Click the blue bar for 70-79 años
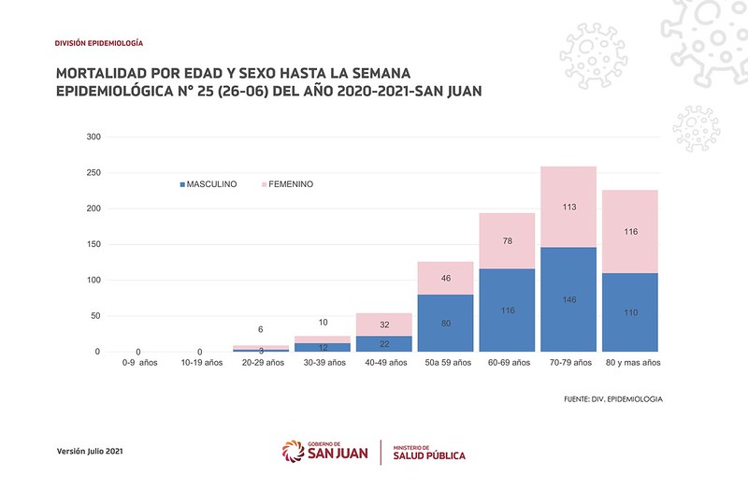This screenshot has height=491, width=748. click(x=568, y=299)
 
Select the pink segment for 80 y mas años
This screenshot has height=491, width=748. click(x=630, y=231)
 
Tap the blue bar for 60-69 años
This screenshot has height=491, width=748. click(x=507, y=310)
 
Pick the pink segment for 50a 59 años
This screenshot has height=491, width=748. click(x=445, y=279)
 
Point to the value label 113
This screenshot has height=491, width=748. click(x=568, y=207)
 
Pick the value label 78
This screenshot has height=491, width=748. click(x=507, y=241)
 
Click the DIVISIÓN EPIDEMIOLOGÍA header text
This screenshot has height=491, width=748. click(x=99, y=43)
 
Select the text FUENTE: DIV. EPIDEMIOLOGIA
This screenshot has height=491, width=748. click(x=613, y=398)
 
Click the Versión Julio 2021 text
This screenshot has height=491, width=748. click(x=90, y=452)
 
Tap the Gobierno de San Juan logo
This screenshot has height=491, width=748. click(x=324, y=451)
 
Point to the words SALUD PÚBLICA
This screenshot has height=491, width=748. click(x=429, y=455)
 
